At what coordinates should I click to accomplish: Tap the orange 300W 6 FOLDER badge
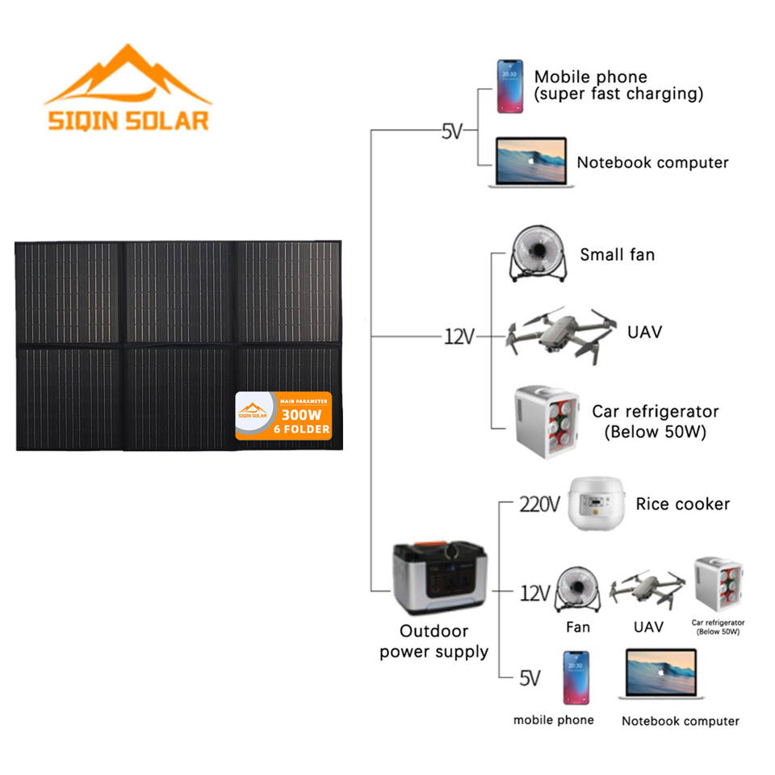pyautogui.click(x=283, y=415)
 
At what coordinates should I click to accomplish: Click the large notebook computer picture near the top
pyautogui.click(x=531, y=164)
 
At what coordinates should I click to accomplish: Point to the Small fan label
pyautogui.click(x=617, y=255)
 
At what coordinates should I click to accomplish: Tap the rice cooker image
pyautogui.click(x=598, y=504)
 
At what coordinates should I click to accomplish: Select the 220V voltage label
pyautogui.click(x=538, y=505)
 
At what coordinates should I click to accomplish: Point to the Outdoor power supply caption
pyautogui.click(x=434, y=641)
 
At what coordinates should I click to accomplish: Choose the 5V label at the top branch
pyautogui.click(x=452, y=131)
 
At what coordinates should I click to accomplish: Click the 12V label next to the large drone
pyautogui.click(x=459, y=337)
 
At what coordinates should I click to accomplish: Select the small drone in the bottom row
pyautogui.click(x=647, y=588)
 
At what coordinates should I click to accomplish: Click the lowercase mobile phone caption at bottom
pyautogui.click(x=553, y=719)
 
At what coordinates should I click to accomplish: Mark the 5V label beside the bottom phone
pyautogui.click(x=529, y=677)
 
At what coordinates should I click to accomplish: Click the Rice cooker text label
pyautogui.click(x=682, y=504)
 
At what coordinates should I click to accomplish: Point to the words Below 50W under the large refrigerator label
pyautogui.click(x=656, y=432)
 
